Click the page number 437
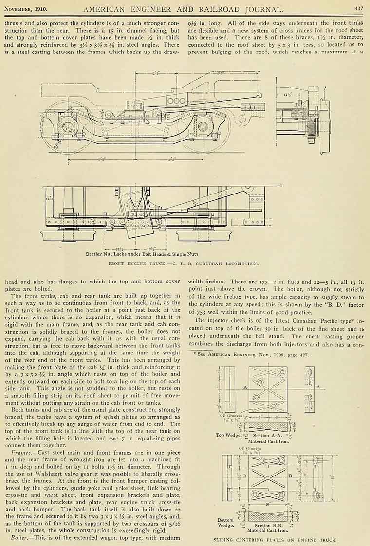click(x=359, y=8)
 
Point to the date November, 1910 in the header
click(x=27, y=8)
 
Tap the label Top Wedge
click(x=226, y=435)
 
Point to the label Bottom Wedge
click(x=225, y=523)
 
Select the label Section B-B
click(x=269, y=526)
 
